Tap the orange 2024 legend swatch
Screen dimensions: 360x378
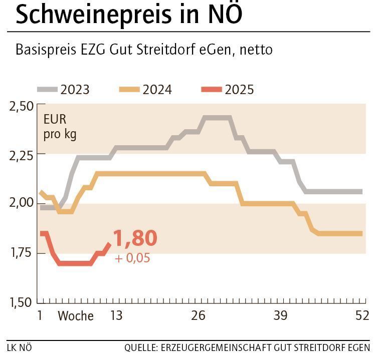[x=129, y=90]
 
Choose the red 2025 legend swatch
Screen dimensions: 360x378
[x=211, y=90]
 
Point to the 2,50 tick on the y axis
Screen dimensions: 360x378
[x=21, y=106]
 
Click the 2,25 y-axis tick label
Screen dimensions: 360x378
[x=21, y=155]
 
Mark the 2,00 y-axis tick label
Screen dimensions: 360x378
[x=21, y=203]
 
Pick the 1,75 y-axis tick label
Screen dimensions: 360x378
[x=21, y=252]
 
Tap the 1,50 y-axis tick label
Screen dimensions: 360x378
[x=21, y=302]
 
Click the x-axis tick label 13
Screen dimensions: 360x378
[x=116, y=316]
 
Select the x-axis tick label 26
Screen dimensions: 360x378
[x=199, y=316]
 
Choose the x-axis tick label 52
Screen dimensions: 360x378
[x=362, y=316]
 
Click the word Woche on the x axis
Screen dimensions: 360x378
[x=76, y=316]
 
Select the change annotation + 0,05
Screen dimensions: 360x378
[x=132, y=258]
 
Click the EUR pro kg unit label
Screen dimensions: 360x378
[x=60, y=127]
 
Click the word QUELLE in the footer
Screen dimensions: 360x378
[x=140, y=347]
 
